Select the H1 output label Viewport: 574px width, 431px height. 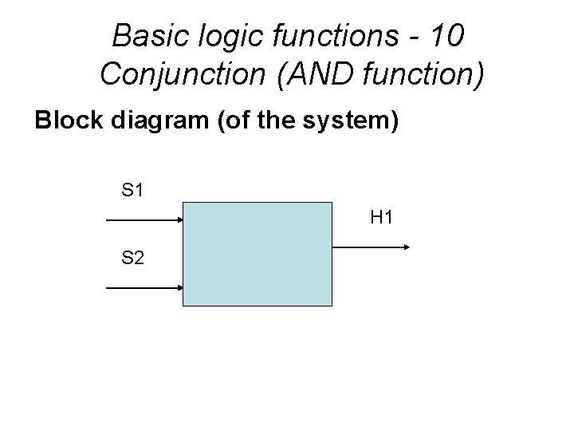click(x=382, y=216)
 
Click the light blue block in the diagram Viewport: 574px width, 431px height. click(x=258, y=254)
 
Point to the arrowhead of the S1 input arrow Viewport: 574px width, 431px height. click(x=179, y=219)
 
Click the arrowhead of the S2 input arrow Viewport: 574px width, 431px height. click(x=179, y=287)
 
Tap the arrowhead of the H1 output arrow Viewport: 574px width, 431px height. click(x=404, y=247)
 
